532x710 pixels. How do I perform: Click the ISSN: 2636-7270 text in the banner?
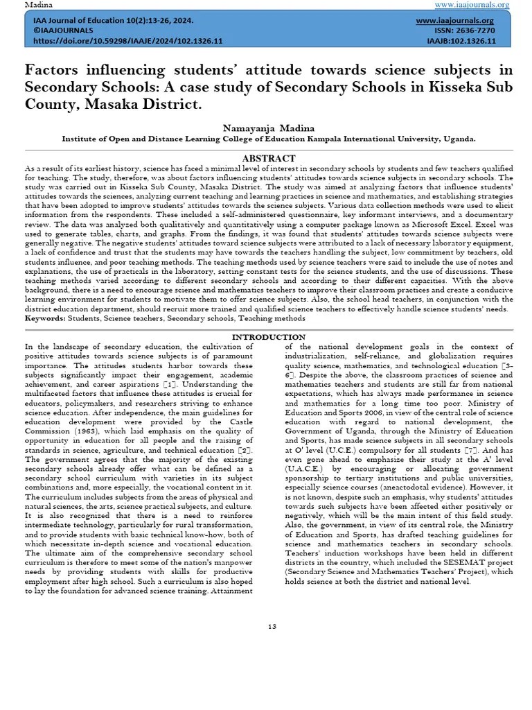pos(465,31)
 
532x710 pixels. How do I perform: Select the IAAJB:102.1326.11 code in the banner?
pos(461,41)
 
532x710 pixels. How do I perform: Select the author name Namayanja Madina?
pos(269,128)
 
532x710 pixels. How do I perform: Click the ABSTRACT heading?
pos(268,159)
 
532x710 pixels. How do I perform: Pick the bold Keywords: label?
pos(46,318)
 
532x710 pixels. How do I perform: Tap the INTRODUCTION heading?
pos(268,337)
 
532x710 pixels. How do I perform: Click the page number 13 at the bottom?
pos(272,627)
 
